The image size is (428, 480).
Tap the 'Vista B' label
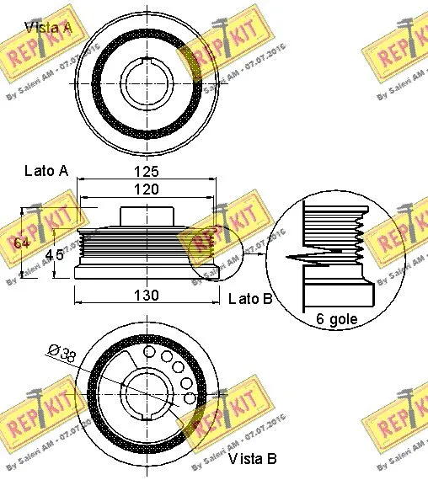click(x=251, y=460)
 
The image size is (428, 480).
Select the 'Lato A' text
click(x=46, y=171)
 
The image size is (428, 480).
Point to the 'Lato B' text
click(x=249, y=299)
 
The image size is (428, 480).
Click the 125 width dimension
click(x=147, y=172)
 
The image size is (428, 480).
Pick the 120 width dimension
click(x=147, y=190)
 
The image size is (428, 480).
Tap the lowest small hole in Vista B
click(x=190, y=397)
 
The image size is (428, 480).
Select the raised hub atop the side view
click(x=147, y=216)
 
